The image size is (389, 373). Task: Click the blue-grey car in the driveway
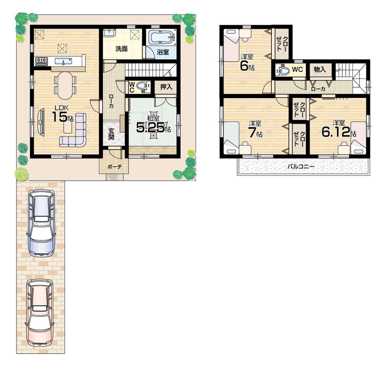click(x=41, y=223)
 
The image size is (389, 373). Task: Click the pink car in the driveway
click(x=39, y=312)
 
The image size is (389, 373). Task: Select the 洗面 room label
click(x=121, y=49)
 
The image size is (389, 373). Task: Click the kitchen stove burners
click(x=41, y=61)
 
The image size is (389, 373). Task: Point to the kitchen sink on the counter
click(x=62, y=61)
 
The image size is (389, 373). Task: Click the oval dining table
click(x=65, y=85)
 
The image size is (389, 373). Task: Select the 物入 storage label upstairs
click(x=320, y=70)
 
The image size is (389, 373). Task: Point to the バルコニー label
click(x=301, y=167)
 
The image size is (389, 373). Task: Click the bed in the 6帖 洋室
click(x=231, y=45)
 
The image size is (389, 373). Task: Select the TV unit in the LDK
click(x=41, y=123)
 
